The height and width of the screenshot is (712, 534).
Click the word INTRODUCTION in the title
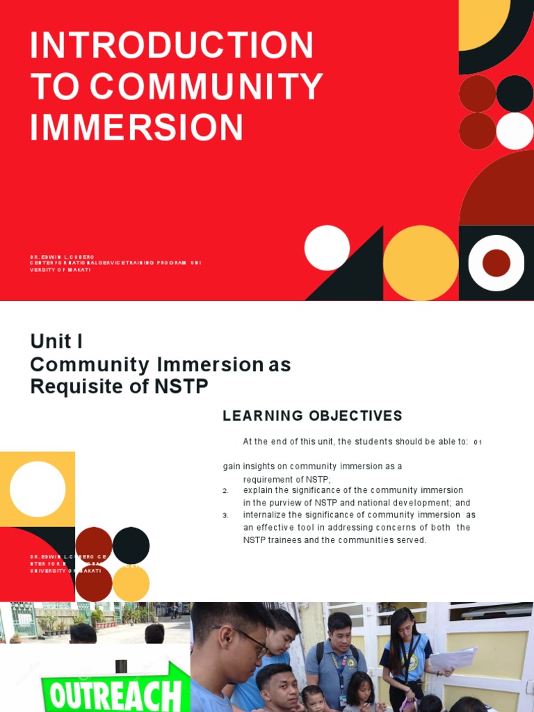[x=172, y=46]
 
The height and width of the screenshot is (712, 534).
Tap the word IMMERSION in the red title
[x=137, y=128]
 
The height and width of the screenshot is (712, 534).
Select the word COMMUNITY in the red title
[x=206, y=87]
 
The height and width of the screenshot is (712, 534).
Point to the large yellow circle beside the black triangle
[x=420, y=263]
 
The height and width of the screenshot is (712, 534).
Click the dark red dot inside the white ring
[x=496, y=263]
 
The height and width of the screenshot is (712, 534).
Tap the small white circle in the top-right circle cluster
[x=515, y=131]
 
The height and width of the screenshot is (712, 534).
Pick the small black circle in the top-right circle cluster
[x=515, y=93]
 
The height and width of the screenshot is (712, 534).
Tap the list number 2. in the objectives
[x=225, y=491]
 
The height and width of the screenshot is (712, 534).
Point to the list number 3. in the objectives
[x=225, y=516]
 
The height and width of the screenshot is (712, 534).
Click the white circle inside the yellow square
[x=38, y=489]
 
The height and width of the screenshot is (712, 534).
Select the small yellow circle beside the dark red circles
[x=131, y=583]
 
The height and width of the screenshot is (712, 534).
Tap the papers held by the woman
[x=454, y=658]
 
